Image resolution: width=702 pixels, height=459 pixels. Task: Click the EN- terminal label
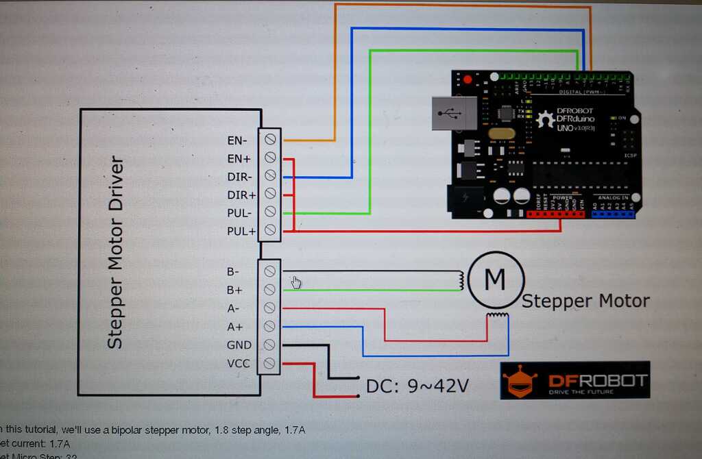click(x=237, y=140)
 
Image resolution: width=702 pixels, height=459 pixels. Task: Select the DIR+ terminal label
click(x=241, y=195)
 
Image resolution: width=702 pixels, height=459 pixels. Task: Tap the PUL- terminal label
click(x=240, y=213)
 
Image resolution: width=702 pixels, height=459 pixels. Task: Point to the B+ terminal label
click(x=234, y=290)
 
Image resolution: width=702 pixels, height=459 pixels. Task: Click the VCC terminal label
click(x=239, y=363)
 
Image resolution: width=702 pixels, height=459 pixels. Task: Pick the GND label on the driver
click(x=239, y=345)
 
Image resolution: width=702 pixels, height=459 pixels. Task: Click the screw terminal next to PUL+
click(x=269, y=231)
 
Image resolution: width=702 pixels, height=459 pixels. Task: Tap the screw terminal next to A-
click(x=269, y=308)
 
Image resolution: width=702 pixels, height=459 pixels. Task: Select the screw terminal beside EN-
click(x=269, y=140)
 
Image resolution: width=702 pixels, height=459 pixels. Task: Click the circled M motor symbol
click(x=495, y=279)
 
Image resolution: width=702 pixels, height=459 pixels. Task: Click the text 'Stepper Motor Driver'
click(x=117, y=253)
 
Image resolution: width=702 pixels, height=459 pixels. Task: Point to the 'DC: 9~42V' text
click(x=417, y=386)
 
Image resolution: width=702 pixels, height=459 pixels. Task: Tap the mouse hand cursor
click(x=295, y=282)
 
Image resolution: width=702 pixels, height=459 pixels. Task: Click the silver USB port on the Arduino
click(x=453, y=113)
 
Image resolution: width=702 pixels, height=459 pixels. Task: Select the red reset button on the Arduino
click(x=468, y=79)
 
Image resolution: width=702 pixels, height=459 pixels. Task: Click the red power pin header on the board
click(x=556, y=214)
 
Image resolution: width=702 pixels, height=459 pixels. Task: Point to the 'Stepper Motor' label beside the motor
click(x=585, y=301)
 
